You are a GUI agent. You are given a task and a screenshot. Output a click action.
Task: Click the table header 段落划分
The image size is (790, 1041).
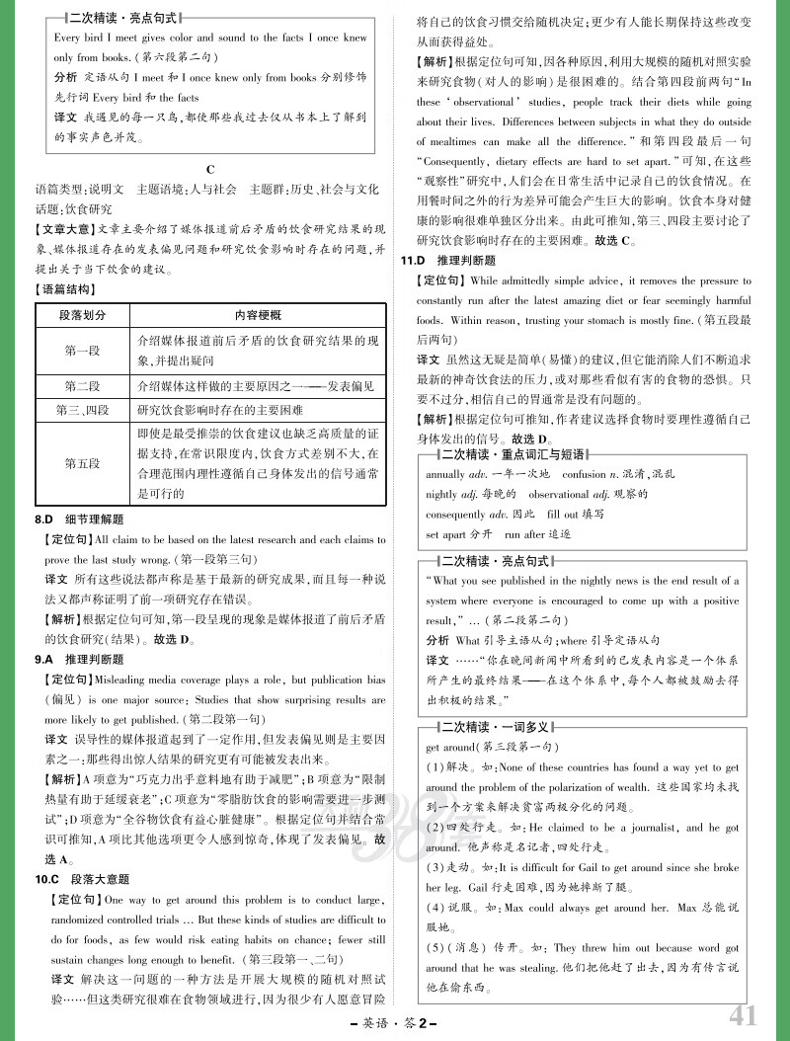click(x=82, y=315)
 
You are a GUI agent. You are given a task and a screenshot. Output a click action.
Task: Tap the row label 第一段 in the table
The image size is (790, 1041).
click(x=82, y=350)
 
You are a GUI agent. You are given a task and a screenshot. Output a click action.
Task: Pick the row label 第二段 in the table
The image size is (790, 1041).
click(x=82, y=385)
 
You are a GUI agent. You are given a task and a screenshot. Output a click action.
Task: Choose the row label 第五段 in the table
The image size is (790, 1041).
click(x=82, y=462)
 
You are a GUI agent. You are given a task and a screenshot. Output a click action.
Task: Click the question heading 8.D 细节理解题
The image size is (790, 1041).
click(x=80, y=520)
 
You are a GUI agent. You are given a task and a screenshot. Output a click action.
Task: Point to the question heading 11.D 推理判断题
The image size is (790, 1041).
click(x=448, y=261)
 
